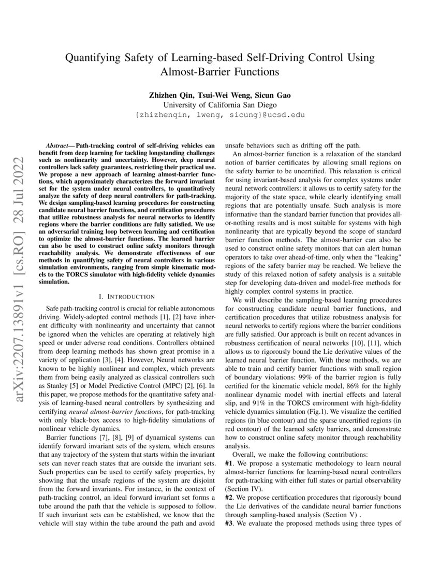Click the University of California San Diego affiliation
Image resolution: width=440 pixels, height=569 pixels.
(220, 104)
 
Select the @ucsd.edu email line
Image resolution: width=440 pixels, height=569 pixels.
(220, 114)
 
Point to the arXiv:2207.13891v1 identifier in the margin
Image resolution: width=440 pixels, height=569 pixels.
(21, 339)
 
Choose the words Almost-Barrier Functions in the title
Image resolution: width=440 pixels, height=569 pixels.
(220, 72)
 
